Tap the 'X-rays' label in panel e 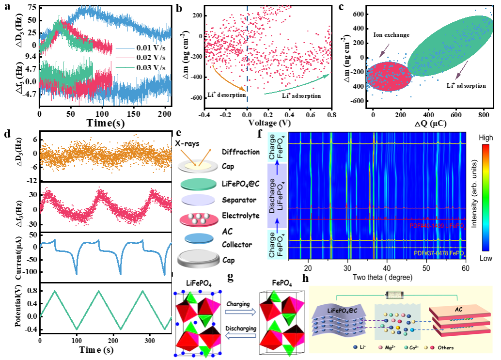(186, 144)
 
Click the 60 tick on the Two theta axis (465, 268)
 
